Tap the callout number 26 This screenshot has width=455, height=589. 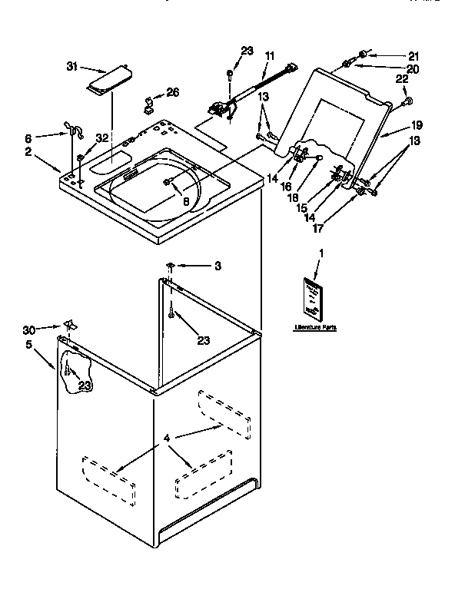(x=172, y=93)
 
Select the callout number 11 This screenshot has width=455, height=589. (x=269, y=56)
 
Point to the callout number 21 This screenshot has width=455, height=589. (x=413, y=56)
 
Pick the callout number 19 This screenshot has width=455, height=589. (x=416, y=124)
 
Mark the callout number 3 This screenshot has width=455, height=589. (x=218, y=266)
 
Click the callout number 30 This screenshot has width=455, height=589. (x=29, y=329)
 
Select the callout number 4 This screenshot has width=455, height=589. (x=167, y=438)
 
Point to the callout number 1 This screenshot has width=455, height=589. (x=320, y=253)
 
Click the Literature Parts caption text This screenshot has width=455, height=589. (x=315, y=328)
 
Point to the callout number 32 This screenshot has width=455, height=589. (x=101, y=139)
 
